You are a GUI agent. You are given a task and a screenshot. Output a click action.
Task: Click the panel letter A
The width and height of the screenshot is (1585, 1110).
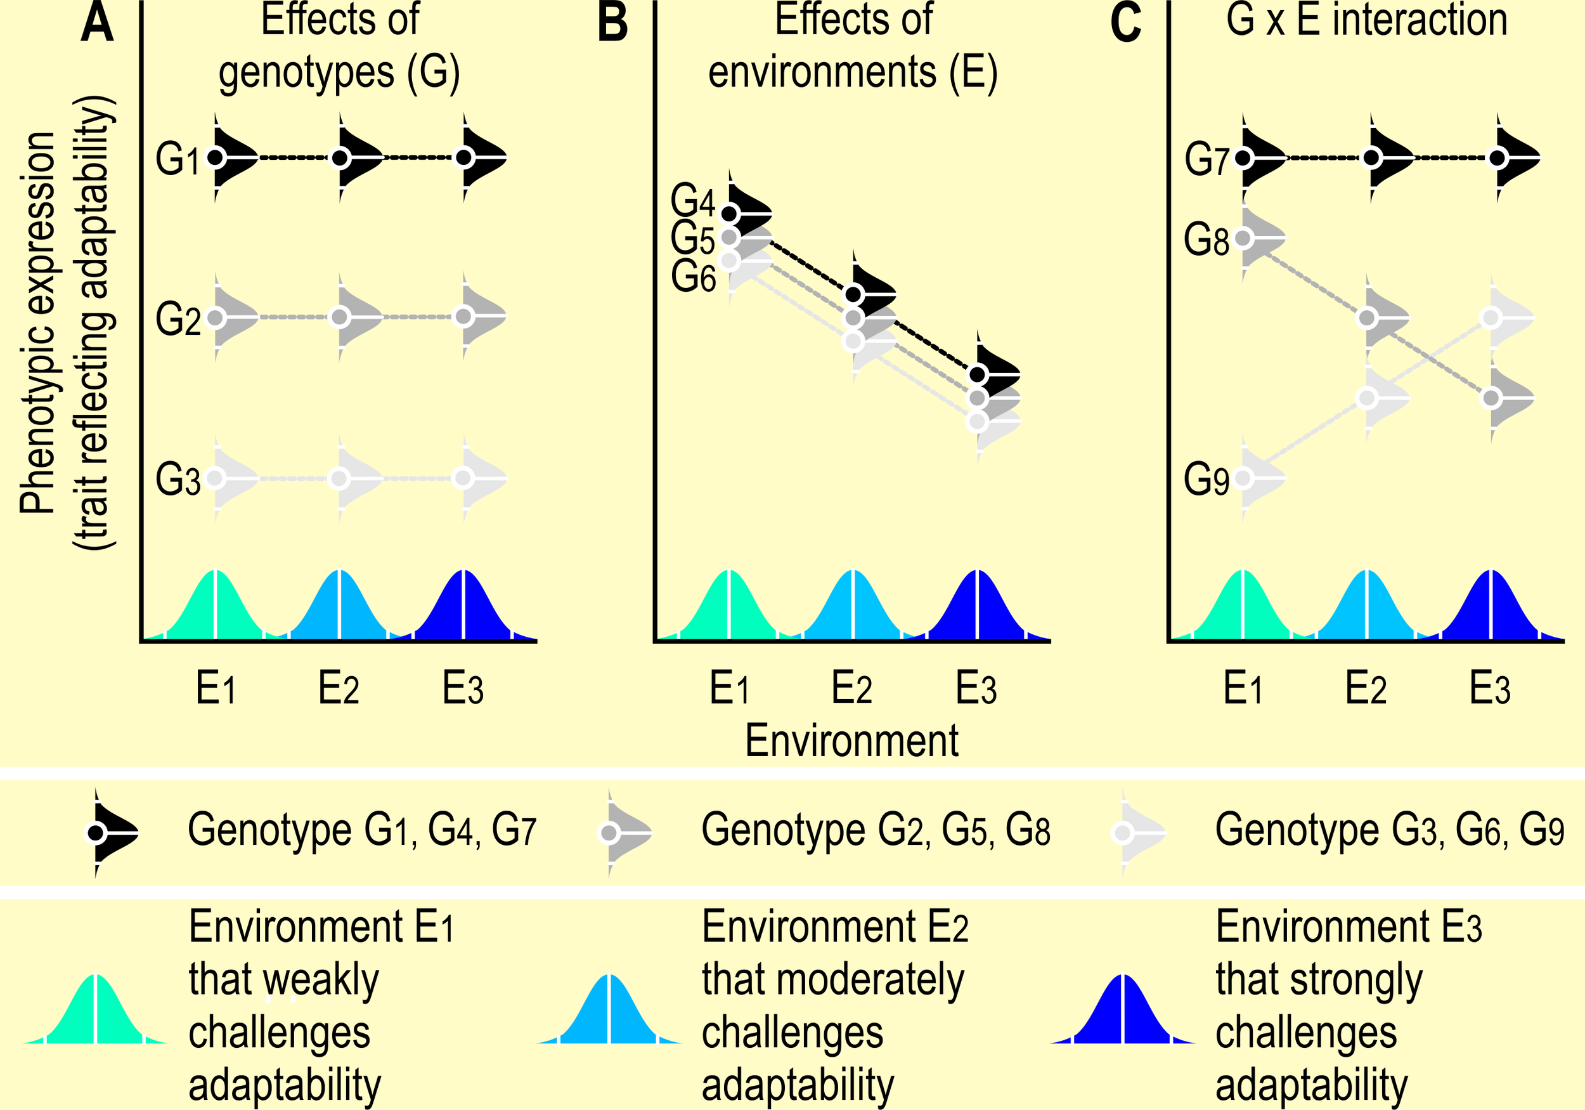[96, 22]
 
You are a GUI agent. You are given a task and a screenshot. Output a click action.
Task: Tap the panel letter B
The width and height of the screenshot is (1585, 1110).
[612, 22]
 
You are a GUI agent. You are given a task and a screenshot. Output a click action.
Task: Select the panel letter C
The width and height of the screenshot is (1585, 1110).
[1125, 22]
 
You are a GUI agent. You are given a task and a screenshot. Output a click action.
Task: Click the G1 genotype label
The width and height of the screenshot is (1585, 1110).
[177, 159]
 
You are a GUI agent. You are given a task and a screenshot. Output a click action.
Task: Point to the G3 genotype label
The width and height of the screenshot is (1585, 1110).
[177, 480]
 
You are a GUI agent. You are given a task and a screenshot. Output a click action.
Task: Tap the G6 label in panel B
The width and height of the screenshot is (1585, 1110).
[693, 278]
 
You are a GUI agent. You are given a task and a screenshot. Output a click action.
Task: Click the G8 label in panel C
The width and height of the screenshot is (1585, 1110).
[1206, 240]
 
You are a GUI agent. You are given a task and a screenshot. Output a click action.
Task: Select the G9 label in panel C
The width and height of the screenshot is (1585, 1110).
[1206, 480]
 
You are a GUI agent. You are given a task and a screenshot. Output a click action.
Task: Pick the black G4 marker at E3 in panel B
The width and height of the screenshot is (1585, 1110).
[978, 374]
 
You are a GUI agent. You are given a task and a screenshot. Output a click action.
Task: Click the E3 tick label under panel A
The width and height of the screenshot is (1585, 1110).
[463, 689]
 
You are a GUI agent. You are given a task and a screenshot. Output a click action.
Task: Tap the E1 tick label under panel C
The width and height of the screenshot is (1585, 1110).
[1243, 689]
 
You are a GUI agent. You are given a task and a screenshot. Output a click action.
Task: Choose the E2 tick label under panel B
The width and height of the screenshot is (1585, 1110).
[851, 689]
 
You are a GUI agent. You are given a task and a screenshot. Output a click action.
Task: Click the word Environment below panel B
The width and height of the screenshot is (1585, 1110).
[851, 741]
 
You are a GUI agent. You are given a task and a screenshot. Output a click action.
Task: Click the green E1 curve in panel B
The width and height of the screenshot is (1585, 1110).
[729, 608]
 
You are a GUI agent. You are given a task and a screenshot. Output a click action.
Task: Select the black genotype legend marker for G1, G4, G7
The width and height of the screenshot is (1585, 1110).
[96, 833]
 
